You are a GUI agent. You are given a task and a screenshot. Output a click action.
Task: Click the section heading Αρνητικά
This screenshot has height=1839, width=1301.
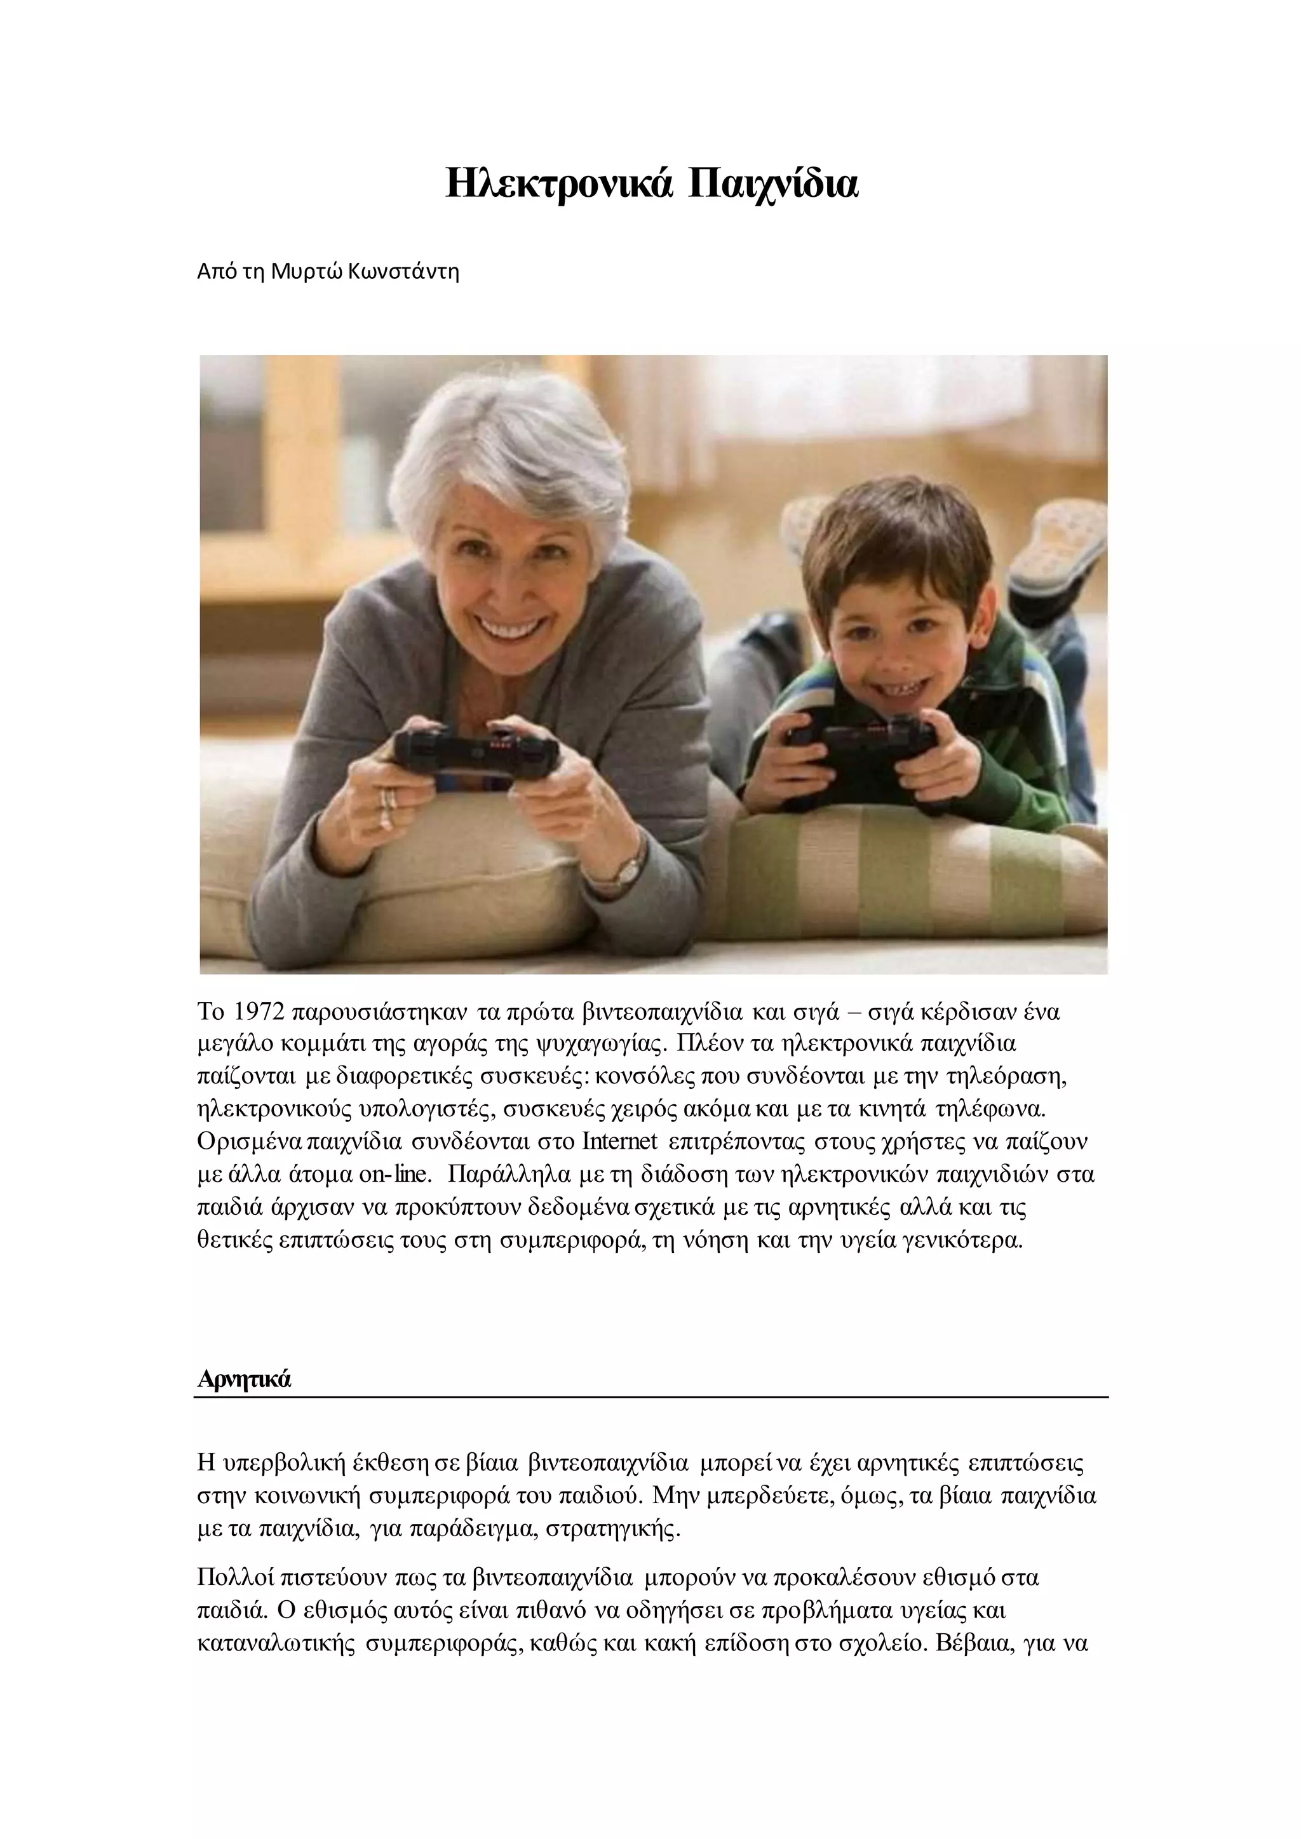click(243, 1379)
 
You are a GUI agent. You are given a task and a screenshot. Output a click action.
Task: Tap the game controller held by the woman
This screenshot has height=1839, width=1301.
click(476, 753)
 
